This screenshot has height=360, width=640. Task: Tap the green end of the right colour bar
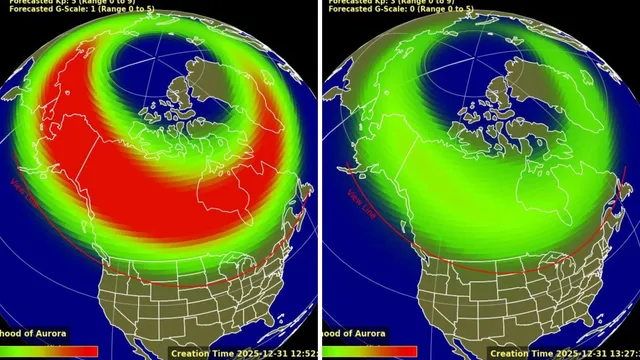point(345,351)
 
